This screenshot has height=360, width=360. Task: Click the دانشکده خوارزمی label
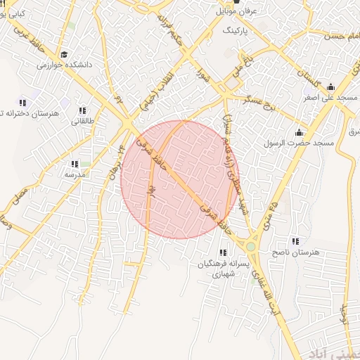pos(64,65)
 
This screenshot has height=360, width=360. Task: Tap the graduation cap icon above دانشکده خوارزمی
pos(64,54)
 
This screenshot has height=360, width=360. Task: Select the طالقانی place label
pos(82,121)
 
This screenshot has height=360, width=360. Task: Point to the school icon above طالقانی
pos(82,110)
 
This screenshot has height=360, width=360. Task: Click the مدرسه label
pos(75,174)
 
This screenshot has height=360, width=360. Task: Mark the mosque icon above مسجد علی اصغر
pos(330,87)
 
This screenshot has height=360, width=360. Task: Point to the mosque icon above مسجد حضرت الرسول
pos(300,132)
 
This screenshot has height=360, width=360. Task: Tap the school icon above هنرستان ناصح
pos(295,241)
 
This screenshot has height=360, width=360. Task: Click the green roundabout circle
pos(251,246)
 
